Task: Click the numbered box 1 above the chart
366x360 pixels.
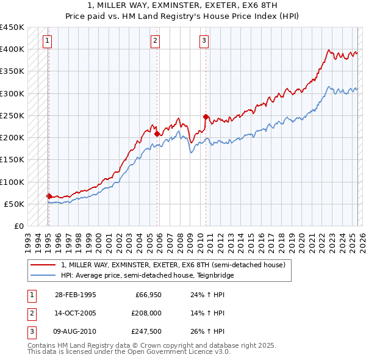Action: [48, 41]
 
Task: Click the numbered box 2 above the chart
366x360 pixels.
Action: [156, 41]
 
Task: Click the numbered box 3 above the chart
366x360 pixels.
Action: [204, 41]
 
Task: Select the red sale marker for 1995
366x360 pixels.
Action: [49, 196]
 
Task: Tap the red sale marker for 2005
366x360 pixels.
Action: [157, 134]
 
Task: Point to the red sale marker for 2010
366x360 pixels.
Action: [206, 116]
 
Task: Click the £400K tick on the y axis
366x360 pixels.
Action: [12, 49]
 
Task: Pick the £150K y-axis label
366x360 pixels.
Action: [12, 159]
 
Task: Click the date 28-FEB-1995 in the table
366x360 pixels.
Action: [75, 295]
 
